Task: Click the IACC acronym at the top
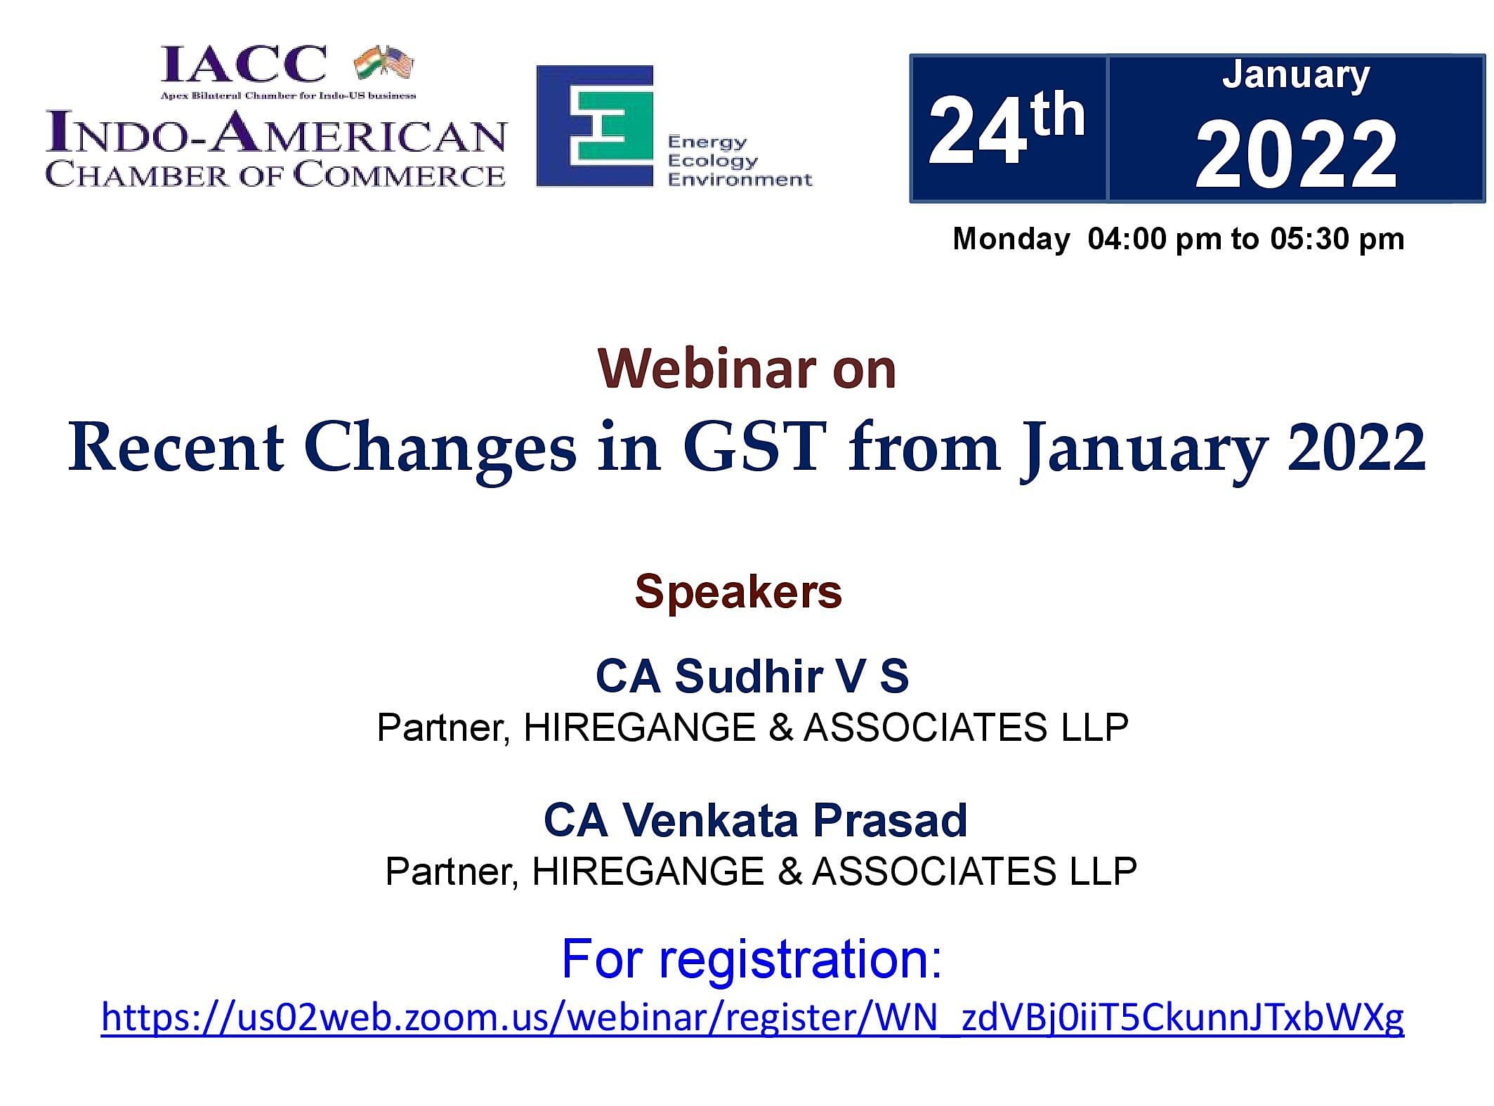[x=244, y=64]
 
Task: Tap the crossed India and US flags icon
[x=384, y=62]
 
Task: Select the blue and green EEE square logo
[x=595, y=126]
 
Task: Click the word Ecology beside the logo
[x=712, y=162]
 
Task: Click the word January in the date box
[x=1296, y=74]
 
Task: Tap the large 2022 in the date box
[x=1297, y=155]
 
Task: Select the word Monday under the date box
[x=1011, y=239]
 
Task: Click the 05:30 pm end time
[x=1337, y=239]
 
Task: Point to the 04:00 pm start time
[x=1155, y=239]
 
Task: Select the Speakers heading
[x=738, y=591]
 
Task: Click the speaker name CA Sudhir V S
[x=752, y=676]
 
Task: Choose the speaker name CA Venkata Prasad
[x=756, y=819]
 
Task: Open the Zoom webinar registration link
[x=753, y=1017]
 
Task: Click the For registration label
[x=752, y=959]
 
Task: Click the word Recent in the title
[x=176, y=448]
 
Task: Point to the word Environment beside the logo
[x=740, y=180]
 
